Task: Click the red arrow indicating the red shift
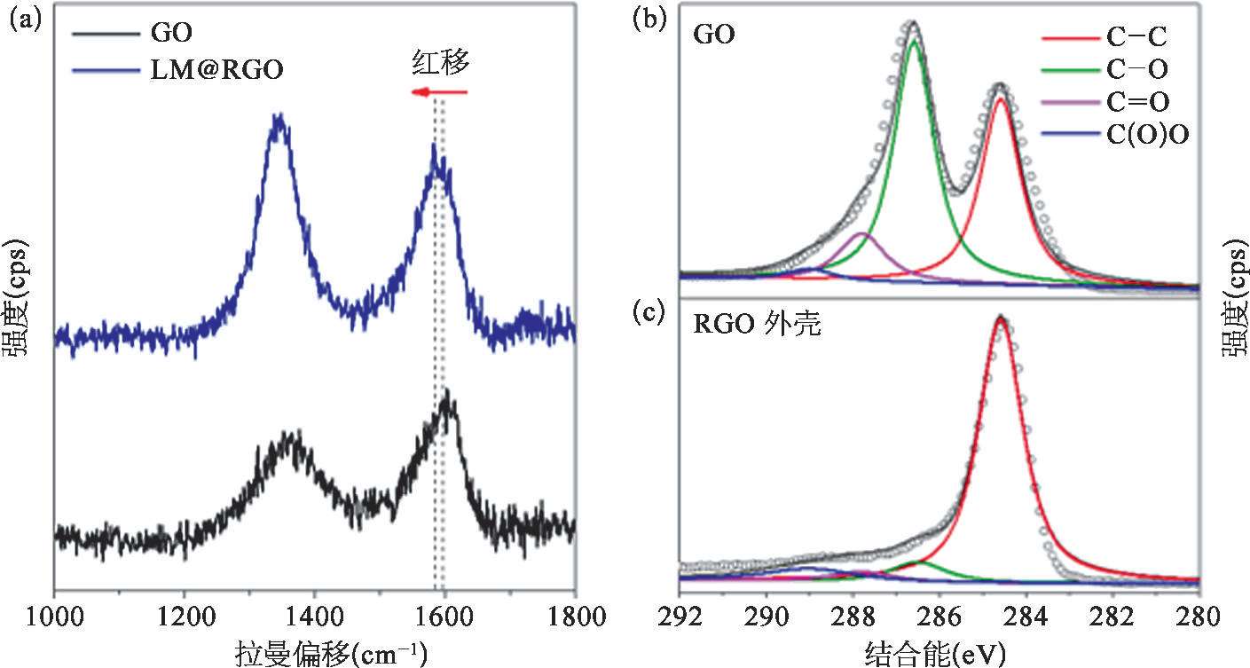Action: [438, 92]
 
